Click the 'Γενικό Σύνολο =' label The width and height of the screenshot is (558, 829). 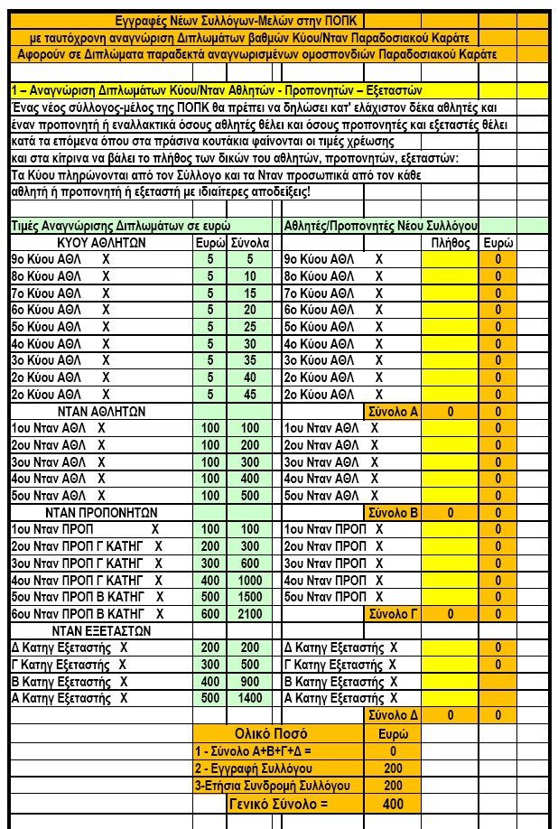coord(278,803)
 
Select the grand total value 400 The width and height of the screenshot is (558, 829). coord(393,803)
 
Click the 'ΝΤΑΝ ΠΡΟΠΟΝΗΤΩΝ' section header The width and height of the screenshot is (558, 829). coord(101,512)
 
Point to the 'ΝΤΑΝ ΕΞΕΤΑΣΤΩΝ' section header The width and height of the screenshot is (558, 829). coord(101,630)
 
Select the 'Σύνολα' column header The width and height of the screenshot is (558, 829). coord(250,242)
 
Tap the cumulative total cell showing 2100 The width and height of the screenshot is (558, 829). coord(250,614)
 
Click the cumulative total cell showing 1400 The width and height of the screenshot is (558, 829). coord(250,698)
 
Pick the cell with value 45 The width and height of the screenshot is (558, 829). coord(250,394)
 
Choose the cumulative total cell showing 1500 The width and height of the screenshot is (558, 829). coord(250,597)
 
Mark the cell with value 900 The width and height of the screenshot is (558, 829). coord(250,682)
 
